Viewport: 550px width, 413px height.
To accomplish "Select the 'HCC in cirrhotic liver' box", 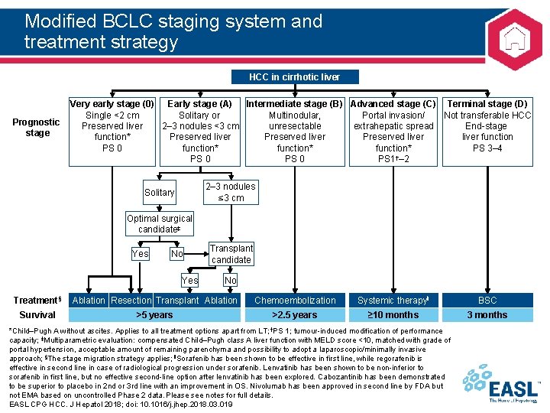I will click(x=293, y=76).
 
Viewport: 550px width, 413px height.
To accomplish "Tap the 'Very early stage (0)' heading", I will click(x=112, y=104).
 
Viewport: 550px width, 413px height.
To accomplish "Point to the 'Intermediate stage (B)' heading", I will click(x=295, y=104).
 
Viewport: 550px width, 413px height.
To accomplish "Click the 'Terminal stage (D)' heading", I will click(x=487, y=104).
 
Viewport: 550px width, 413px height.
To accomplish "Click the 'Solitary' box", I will click(x=160, y=192).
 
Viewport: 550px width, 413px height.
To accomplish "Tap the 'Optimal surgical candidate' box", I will click(x=160, y=224).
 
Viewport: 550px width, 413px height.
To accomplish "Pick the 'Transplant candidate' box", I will click(x=231, y=254).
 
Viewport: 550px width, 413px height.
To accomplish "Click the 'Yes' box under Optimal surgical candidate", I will click(x=141, y=254).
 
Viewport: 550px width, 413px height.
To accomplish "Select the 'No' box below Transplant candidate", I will click(x=231, y=281).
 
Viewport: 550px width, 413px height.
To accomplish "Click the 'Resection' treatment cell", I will click(x=131, y=301).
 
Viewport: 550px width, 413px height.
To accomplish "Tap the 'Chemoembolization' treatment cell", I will click(x=295, y=301).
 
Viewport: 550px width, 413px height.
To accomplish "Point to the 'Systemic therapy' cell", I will click(x=393, y=301).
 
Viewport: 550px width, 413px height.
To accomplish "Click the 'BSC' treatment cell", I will click(x=487, y=301).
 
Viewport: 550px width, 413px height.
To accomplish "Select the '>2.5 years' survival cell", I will click(x=295, y=314).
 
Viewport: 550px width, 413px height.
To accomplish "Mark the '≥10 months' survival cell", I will click(x=393, y=314).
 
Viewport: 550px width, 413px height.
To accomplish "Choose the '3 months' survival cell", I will click(x=487, y=314).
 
